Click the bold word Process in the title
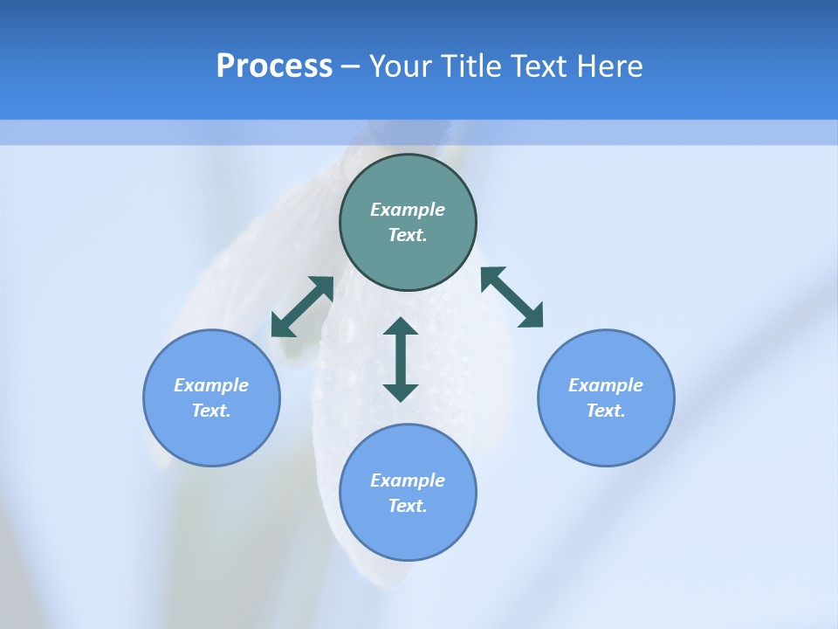click(274, 66)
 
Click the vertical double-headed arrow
click(401, 359)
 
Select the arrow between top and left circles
click(302, 307)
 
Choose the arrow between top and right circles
click(512, 297)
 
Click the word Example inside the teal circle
click(408, 210)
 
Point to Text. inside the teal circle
click(408, 235)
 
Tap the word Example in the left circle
click(211, 385)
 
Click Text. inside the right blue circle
click(606, 411)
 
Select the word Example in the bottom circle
click(408, 480)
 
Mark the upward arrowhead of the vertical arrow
click(401, 327)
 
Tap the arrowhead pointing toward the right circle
click(532, 316)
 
